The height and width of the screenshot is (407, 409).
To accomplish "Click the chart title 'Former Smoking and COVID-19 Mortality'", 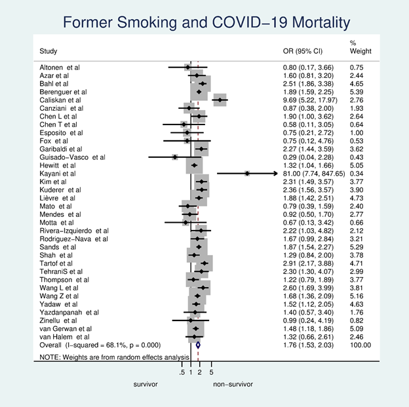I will click(x=204, y=24).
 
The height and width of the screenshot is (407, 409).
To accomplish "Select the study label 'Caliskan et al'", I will click(x=62, y=100).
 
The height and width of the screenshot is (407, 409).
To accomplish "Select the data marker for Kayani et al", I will click(x=247, y=174).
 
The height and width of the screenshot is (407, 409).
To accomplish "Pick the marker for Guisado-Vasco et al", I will click(x=174, y=157).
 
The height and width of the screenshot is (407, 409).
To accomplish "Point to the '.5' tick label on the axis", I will click(x=182, y=372).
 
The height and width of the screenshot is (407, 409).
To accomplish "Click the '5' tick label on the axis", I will click(x=212, y=372).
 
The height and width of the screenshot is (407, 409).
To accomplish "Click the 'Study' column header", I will click(x=48, y=50).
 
